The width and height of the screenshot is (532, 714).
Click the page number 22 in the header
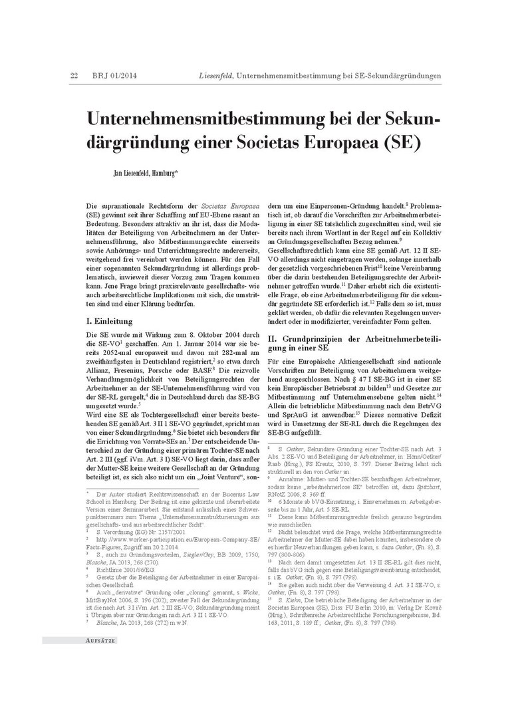click(x=74, y=76)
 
